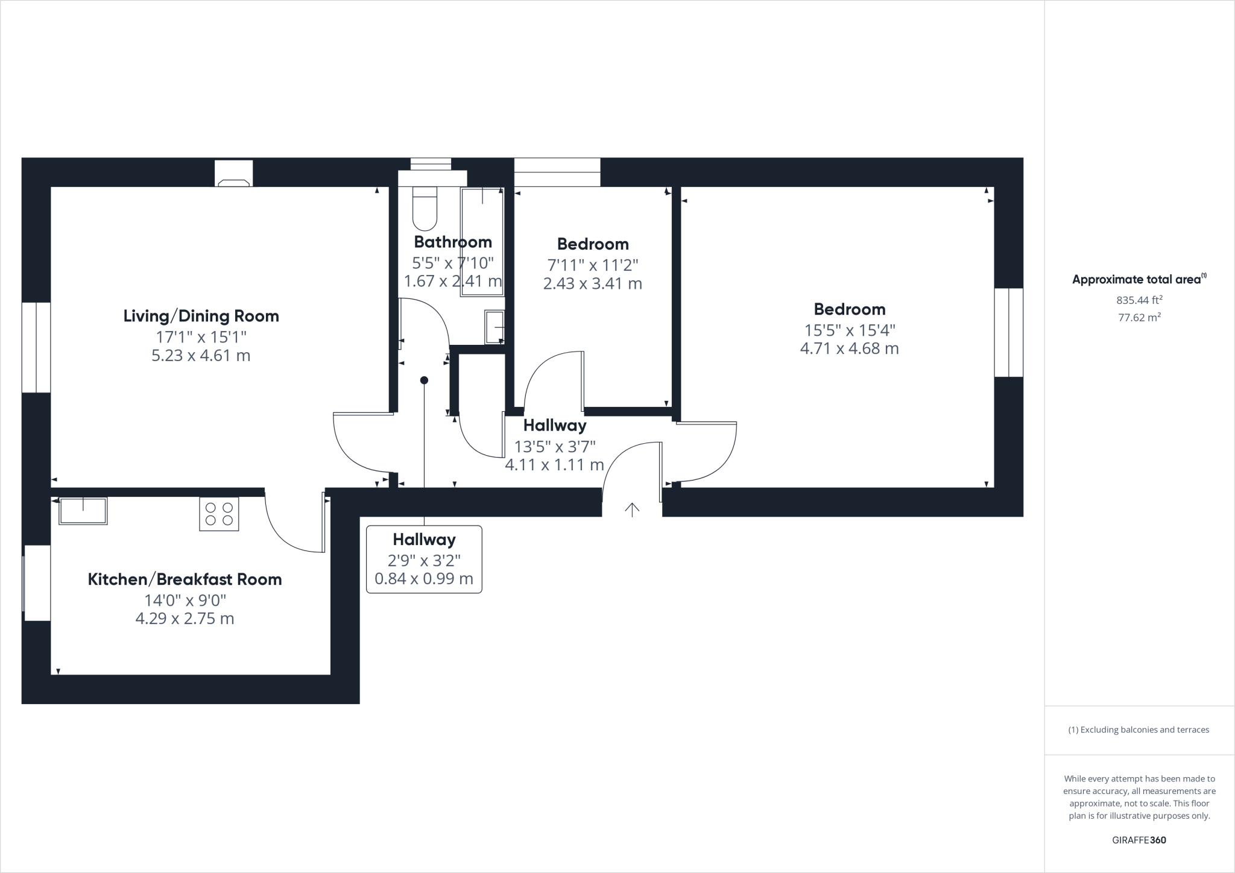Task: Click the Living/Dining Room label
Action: coord(201,316)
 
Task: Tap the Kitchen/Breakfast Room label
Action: coord(185,579)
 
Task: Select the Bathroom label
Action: coord(453,242)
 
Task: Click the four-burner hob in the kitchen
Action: coord(219,514)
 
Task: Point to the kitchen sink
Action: coord(83,511)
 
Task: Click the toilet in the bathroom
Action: coord(425,208)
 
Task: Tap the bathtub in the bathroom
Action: coord(482,242)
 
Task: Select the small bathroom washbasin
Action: coord(494,327)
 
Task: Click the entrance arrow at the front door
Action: coord(631,510)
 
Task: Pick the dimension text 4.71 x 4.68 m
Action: coord(849,348)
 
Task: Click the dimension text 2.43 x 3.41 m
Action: coord(592,283)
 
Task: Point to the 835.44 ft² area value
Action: coord(1139,300)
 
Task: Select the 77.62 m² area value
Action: coord(1139,317)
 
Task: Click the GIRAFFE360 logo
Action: coord(1139,840)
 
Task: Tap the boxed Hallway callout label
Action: coord(424,559)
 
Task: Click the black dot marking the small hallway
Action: coord(424,380)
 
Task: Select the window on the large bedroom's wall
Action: coord(1008,332)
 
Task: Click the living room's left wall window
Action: coord(36,347)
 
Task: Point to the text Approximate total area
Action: coord(1137,279)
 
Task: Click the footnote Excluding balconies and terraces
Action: coord(1139,730)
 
